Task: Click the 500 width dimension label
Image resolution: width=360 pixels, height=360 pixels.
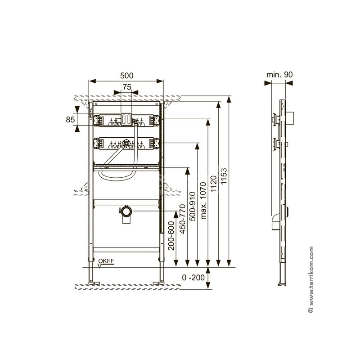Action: tap(126, 76)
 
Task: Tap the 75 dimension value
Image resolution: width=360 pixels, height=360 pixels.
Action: tap(127, 87)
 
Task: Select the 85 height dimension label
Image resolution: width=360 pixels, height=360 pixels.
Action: tap(70, 120)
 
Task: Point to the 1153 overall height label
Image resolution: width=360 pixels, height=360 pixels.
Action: tap(224, 176)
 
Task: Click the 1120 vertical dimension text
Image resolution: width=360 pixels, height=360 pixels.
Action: tap(213, 184)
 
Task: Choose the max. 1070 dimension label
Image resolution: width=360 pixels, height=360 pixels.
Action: tap(203, 201)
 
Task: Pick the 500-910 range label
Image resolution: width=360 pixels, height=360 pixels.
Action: tap(193, 207)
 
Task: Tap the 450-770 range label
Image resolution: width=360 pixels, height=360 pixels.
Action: tap(183, 219)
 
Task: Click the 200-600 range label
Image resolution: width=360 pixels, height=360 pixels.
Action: tap(171, 235)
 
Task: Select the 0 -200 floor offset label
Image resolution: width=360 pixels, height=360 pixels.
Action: tap(193, 278)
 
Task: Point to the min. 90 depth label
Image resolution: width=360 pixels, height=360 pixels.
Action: tap(279, 75)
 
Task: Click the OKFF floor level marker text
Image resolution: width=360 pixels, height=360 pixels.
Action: tap(106, 261)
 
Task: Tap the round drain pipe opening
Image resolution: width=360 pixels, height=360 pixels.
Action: tap(126, 211)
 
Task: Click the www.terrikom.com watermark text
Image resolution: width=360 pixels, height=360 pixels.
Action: tap(311, 279)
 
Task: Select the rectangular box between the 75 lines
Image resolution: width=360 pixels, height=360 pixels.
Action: tap(126, 119)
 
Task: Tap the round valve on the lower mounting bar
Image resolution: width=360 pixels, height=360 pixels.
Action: tap(126, 142)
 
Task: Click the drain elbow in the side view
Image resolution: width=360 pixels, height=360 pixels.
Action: tap(275, 222)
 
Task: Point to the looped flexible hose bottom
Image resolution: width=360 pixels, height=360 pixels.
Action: tap(116, 178)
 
